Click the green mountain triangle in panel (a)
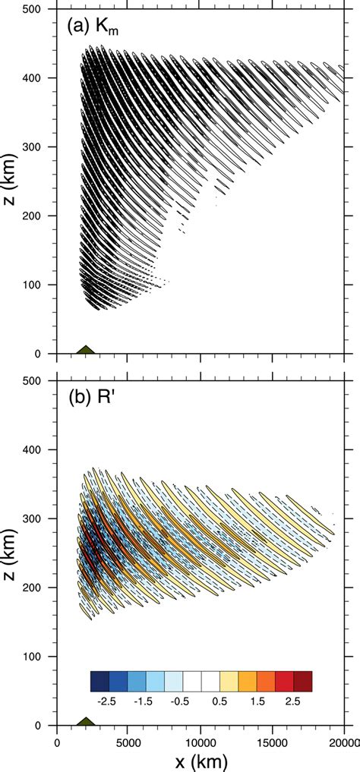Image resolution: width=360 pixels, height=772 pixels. pos(86,350)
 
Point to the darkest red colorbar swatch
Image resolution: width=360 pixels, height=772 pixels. pos(303,680)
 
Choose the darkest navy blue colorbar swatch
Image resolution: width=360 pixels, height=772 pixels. pos(99,680)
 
